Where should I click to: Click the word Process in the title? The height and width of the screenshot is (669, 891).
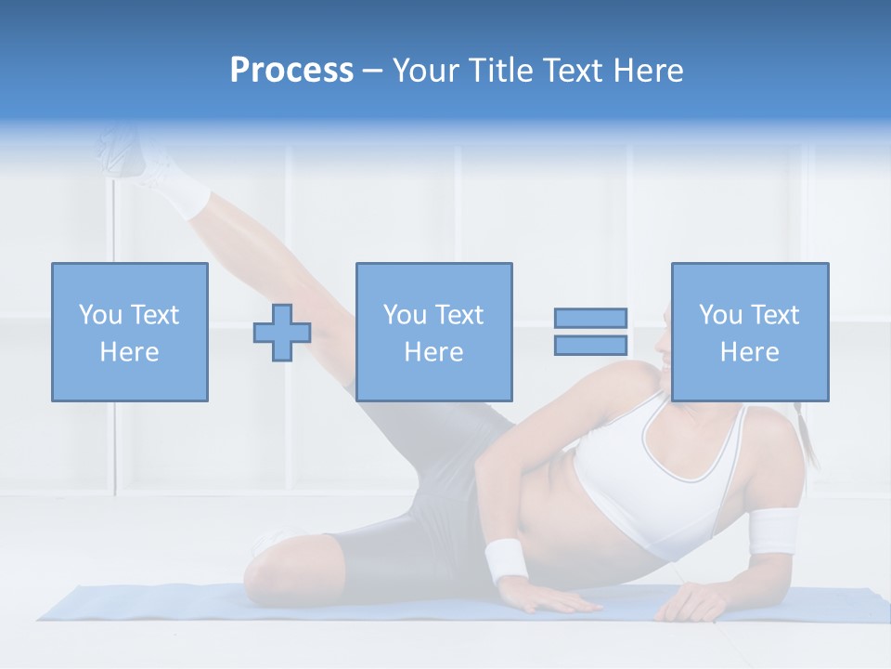(x=291, y=71)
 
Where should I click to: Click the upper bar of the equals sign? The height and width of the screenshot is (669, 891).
(x=591, y=318)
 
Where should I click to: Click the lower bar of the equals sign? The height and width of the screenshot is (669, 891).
(x=591, y=346)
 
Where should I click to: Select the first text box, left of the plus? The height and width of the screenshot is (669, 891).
(x=130, y=332)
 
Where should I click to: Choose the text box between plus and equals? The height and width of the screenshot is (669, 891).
(x=433, y=332)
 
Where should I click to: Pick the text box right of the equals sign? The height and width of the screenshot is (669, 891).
(x=750, y=332)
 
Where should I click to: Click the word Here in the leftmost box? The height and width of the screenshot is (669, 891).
(x=130, y=352)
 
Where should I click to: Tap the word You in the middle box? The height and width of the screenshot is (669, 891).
(x=405, y=315)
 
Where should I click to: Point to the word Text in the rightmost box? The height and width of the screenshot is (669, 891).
(x=775, y=315)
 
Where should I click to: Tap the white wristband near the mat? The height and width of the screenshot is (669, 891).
(x=505, y=560)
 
